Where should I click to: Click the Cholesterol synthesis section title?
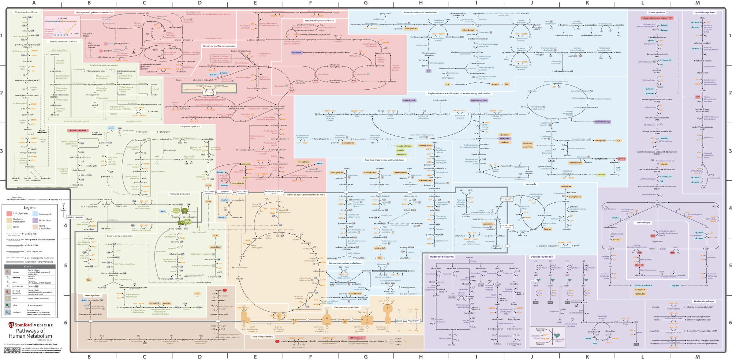coord(26,12)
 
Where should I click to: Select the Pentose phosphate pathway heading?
coord(319,21)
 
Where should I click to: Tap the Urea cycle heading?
coord(531,184)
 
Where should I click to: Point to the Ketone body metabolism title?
coord(120,236)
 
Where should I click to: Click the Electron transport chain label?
coord(346,307)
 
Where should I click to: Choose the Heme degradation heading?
coord(262,337)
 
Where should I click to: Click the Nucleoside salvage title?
coord(703,301)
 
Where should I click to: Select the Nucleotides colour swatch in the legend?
coord(35,220)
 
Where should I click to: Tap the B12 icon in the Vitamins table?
coord(8,312)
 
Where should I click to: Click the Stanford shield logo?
coord(11,325)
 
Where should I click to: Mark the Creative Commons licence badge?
coord(12,350)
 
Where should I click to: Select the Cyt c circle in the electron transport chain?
coord(345,322)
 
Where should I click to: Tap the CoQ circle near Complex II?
coord(295,321)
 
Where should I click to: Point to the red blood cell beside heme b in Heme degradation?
coord(277,341)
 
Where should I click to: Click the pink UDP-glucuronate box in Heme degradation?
coord(357,338)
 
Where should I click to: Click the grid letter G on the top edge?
coord(366,3)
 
